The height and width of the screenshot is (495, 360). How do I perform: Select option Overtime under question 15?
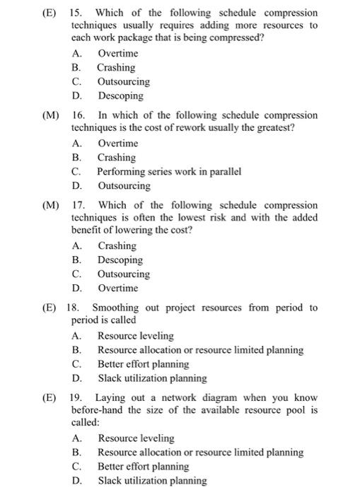[x=117, y=54]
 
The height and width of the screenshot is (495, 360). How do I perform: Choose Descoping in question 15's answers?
[x=120, y=96]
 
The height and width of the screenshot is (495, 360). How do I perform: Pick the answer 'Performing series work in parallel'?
[x=169, y=172]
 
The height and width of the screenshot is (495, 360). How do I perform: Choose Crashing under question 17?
[x=117, y=246]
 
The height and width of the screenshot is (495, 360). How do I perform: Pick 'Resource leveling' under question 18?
[x=135, y=336]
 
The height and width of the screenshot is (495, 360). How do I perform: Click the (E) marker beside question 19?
[x=50, y=398]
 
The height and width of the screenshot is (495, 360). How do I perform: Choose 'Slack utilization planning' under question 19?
[x=152, y=481]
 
